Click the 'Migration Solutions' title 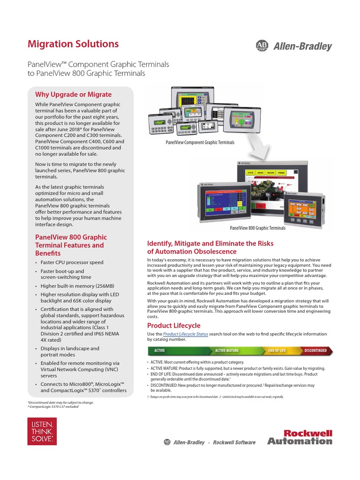click(x=74, y=44)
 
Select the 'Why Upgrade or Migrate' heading click(x=74, y=94)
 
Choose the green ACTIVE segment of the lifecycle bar click(x=160, y=350)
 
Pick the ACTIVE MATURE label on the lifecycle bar click(x=227, y=350)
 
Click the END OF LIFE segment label click(x=277, y=350)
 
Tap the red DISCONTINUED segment click(x=315, y=350)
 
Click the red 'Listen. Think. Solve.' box click(x=42, y=432)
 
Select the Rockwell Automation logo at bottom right click(x=300, y=437)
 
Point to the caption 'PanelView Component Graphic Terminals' click(x=200, y=142)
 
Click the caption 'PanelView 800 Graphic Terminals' click(x=257, y=228)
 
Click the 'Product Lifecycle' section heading click(x=174, y=325)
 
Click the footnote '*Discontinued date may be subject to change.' click(x=61, y=402)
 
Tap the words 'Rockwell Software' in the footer click(x=234, y=442)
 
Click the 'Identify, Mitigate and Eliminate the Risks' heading click(x=210, y=243)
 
